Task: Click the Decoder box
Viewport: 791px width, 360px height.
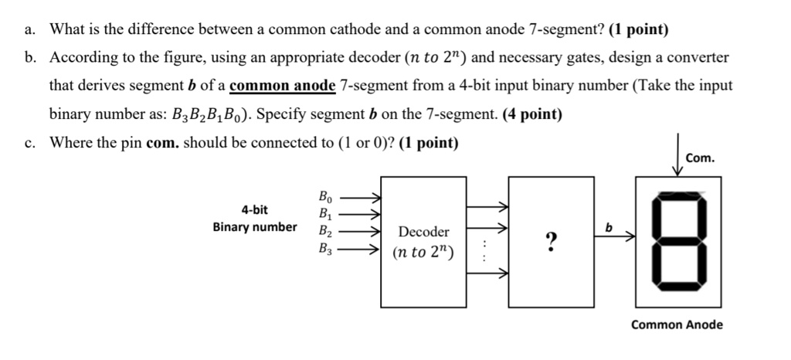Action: coord(424,239)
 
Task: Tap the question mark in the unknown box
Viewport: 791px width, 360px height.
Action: coord(551,243)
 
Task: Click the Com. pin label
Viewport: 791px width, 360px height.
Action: coord(700,158)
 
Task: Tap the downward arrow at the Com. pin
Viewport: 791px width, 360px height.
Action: coord(678,158)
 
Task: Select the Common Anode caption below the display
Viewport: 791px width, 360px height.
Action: coord(677,324)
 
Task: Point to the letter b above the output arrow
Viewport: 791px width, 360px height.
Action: coord(609,228)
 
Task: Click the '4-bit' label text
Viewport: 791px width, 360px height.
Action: coord(255,209)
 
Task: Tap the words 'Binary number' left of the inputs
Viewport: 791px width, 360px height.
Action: coord(255,227)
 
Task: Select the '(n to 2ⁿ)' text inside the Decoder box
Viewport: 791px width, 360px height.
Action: coord(423,252)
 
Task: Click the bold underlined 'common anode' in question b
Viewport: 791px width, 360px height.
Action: coord(283,86)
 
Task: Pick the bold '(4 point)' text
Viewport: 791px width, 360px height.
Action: coord(532,115)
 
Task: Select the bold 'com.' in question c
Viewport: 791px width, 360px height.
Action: coord(164,144)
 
